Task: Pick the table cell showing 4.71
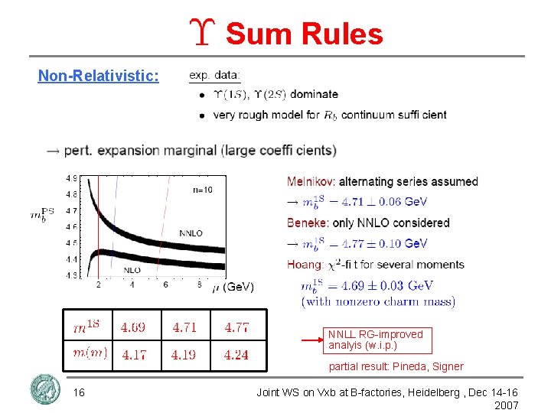[x=184, y=327]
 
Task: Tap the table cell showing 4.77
[x=236, y=327]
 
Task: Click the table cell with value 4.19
[x=184, y=354]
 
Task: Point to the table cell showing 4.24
[x=236, y=354]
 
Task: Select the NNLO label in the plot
[x=191, y=233]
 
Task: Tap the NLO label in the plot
[x=132, y=270]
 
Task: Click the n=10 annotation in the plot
[x=203, y=190]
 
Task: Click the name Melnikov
[x=311, y=181]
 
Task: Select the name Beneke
[x=308, y=223]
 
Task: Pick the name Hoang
[x=305, y=265]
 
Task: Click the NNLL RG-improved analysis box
[x=375, y=340]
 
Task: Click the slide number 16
[x=79, y=392]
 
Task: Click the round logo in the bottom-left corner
[x=44, y=389]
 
